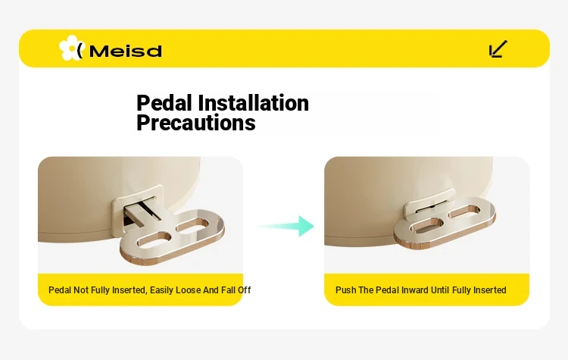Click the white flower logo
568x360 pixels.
click(x=71, y=48)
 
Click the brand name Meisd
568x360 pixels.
click(x=125, y=51)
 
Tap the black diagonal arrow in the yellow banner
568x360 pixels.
click(x=498, y=49)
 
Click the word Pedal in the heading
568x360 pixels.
click(x=164, y=103)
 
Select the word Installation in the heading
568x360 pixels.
click(x=253, y=103)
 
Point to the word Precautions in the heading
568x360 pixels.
click(x=196, y=123)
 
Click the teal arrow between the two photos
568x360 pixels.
click(x=285, y=226)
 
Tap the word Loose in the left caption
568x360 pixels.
click(x=188, y=290)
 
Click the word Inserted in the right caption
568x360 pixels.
click(x=490, y=290)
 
